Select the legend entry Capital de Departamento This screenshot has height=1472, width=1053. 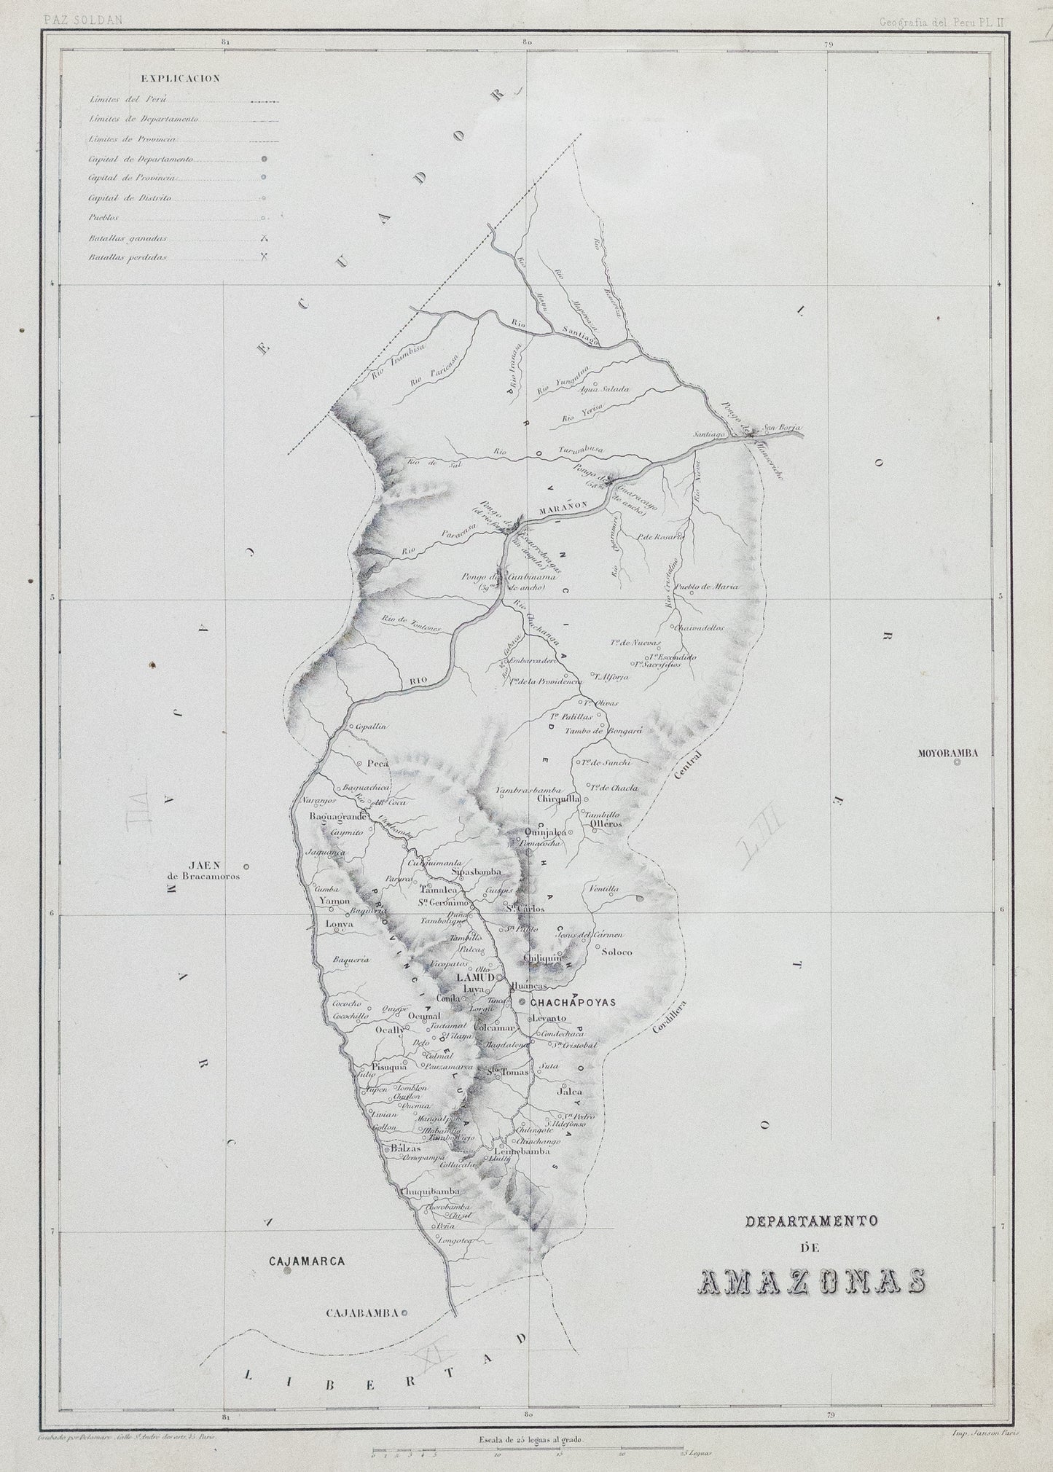point(140,158)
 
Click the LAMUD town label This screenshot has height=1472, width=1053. point(474,976)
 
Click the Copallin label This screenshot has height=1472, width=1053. point(369,727)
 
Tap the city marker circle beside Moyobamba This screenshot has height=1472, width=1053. point(957,762)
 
